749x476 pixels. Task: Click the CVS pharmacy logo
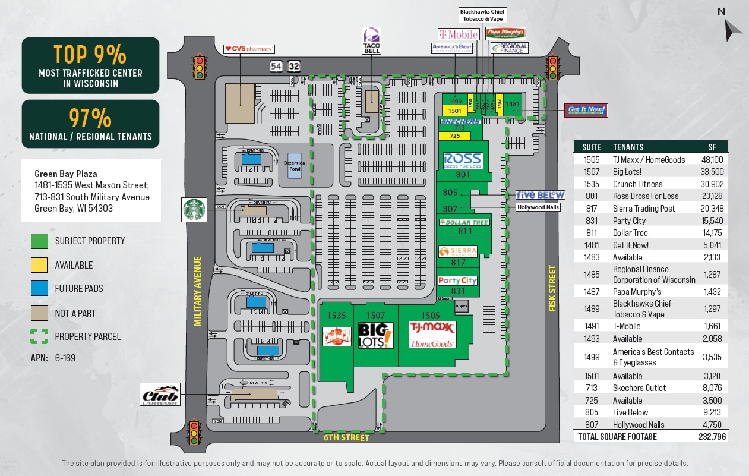tap(248, 49)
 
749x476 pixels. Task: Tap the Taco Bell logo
tap(371, 40)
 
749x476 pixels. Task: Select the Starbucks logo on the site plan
tap(194, 210)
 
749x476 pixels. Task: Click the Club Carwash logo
tap(160, 394)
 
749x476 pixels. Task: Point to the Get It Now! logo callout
tap(586, 110)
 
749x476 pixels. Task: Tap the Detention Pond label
tap(295, 166)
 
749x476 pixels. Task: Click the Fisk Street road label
tap(552, 289)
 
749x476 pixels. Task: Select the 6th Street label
tap(346, 438)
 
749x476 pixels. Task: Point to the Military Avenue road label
tap(198, 291)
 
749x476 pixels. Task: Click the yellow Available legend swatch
tap(39, 265)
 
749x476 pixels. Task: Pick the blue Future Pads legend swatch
tap(39, 288)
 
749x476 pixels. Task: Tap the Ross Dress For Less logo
tap(463, 160)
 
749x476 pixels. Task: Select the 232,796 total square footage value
tap(712, 437)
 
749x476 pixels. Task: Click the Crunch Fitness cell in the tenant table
tap(637, 184)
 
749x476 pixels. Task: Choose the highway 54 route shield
tap(276, 67)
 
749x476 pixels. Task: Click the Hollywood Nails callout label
tap(538, 207)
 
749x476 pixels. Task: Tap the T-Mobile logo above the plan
tap(458, 34)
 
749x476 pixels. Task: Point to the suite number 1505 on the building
tap(430, 315)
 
